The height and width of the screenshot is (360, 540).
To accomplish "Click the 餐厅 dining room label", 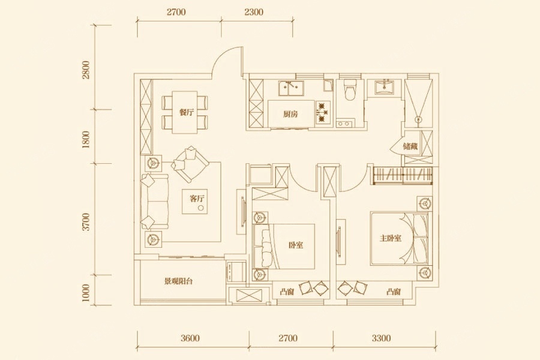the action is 187,112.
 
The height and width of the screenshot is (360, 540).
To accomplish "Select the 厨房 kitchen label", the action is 290,114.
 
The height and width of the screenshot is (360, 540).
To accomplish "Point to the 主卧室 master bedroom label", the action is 391,238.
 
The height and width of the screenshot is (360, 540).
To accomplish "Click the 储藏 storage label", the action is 410,146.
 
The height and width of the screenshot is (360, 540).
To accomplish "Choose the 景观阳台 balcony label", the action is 178,281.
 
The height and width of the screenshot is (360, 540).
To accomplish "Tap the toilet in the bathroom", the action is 350,90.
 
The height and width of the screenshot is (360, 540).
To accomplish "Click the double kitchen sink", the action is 291,89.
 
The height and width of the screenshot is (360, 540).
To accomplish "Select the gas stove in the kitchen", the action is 322,112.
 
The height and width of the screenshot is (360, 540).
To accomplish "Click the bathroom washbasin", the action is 384,87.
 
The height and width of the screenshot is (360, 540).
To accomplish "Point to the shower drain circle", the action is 418,119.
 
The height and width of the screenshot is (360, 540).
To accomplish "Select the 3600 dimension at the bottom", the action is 190,338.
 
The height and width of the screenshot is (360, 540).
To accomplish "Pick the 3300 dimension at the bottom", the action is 381,338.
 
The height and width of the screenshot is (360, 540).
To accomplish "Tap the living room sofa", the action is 154,202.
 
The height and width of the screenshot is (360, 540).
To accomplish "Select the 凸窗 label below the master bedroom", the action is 393,292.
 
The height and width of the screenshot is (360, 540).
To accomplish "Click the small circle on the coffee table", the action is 201,208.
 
